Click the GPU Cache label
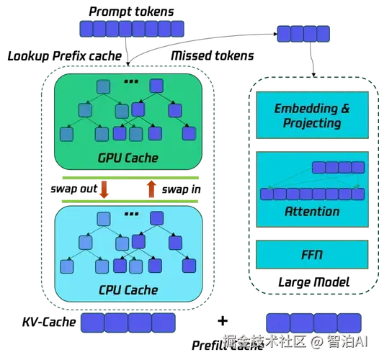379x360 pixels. tap(128, 158)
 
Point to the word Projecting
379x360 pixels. tap(312, 123)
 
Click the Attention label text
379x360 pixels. tap(312, 211)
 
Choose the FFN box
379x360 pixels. tap(312, 255)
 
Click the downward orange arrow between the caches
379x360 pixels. tap(104, 189)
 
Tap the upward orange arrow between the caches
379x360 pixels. tap(151, 189)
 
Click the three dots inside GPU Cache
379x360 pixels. tap(130, 82)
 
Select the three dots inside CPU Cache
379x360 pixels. tap(130, 214)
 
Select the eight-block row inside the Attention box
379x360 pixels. tap(311, 193)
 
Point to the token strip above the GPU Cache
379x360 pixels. tap(130, 29)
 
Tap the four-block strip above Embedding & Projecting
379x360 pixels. tap(303, 33)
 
